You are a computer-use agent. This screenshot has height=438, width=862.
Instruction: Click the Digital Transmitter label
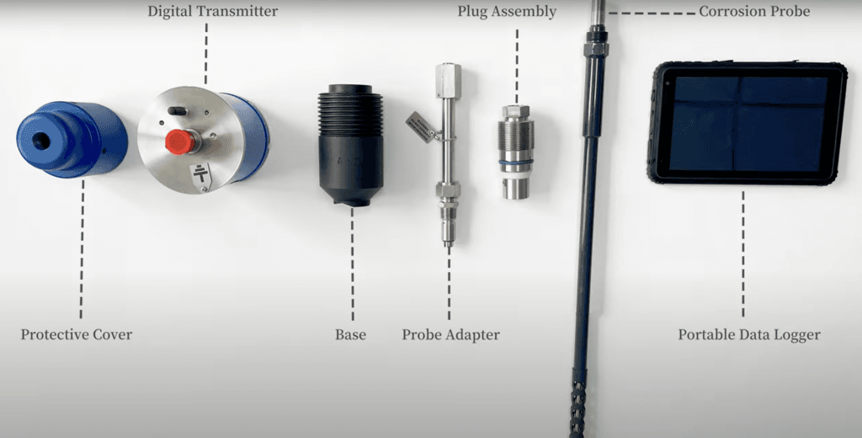click(212, 12)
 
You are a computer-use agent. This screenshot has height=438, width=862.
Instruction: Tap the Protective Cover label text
click(77, 334)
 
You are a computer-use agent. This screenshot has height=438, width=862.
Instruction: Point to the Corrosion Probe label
click(754, 12)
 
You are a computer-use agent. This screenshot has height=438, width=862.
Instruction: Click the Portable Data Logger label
click(749, 334)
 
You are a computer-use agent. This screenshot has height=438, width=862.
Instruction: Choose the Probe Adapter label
click(450, 334)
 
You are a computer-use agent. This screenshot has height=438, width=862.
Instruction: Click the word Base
click(350, 334)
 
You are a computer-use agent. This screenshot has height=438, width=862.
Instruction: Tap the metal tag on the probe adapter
click(421, 126)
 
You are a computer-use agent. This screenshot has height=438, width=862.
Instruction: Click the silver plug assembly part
click(516, 152)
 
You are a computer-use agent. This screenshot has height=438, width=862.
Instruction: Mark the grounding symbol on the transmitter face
click(200, 175)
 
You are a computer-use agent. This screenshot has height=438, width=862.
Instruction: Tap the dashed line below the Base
click(352, 261)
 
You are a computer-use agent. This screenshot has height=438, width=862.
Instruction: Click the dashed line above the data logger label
click(742, 253)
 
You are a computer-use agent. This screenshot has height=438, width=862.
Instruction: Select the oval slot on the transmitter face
click(177, 110)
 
